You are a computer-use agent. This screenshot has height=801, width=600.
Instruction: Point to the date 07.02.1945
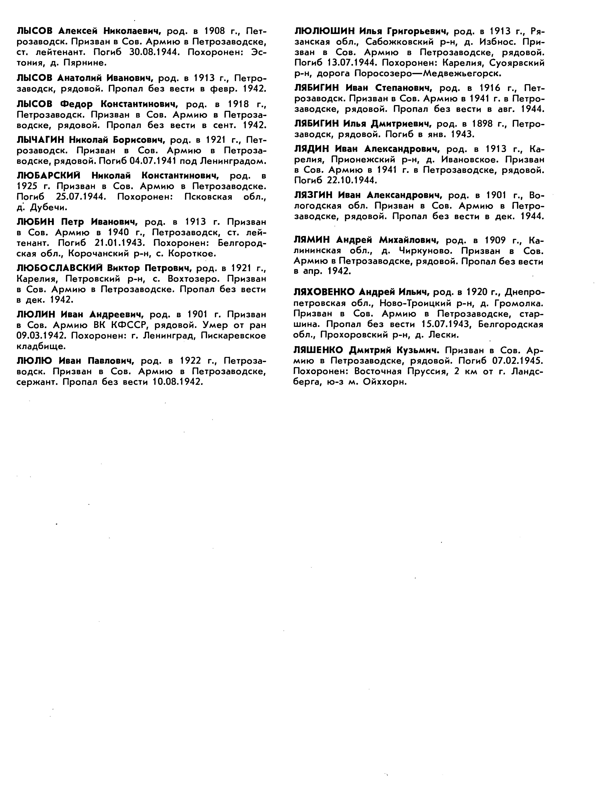tap(518, 361)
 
